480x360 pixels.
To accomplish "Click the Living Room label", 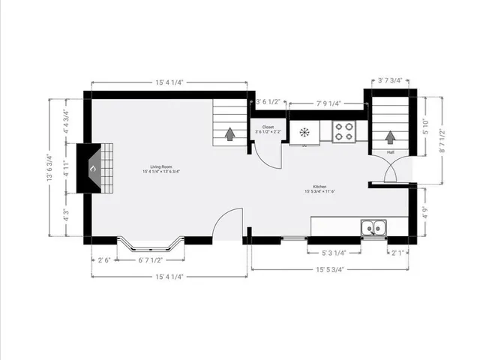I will point(161,166).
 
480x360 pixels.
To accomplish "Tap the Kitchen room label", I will point(319,187).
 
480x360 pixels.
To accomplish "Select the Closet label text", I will point(268,127).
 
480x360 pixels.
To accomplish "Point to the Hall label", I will point(391,152).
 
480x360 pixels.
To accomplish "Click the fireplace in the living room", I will point(97,168).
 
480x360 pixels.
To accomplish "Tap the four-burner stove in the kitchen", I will point(344,131).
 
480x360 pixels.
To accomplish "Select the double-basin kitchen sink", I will point(373,227).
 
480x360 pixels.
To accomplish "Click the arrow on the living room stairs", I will point(229,133).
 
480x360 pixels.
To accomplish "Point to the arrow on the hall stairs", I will point(390,136).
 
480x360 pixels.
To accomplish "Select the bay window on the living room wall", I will point(151,245).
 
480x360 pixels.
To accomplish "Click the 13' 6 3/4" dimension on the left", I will point(49,168).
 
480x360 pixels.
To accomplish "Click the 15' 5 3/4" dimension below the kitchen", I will point(330,270).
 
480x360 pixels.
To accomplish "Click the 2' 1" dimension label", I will point(397,253).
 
